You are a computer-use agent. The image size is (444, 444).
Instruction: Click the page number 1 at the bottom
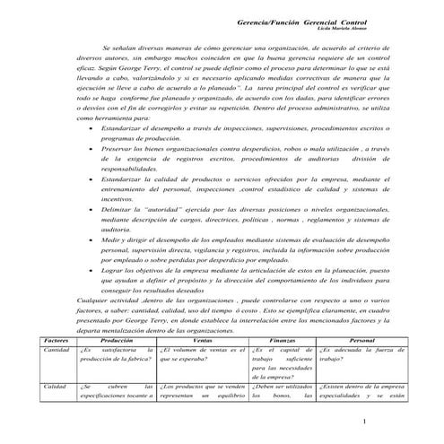click(388, 421)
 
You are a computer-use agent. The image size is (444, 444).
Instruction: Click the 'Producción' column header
click(117, 342)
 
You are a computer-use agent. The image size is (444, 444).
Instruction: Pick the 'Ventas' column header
click(202, 342)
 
